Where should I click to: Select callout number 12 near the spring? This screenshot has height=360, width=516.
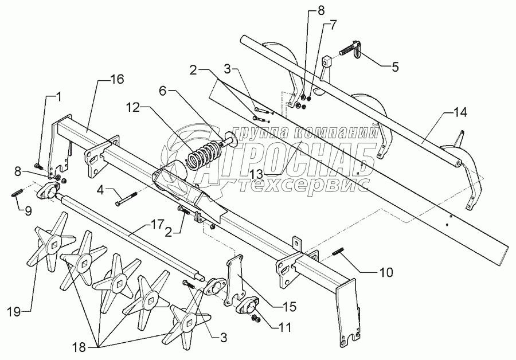(132, 107)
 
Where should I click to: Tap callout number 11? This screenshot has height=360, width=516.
(285, 328)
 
